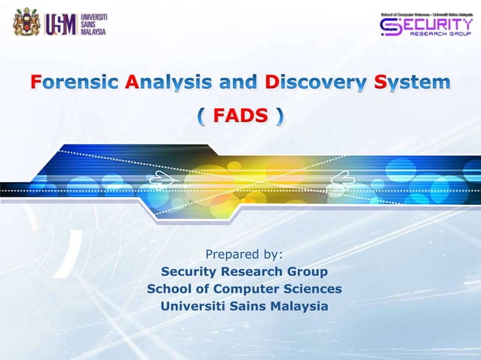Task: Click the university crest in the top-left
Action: click(x=26, y=23)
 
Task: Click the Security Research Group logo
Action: click(x=426, y=26)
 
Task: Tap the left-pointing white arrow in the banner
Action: click(x=342, y=179)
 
